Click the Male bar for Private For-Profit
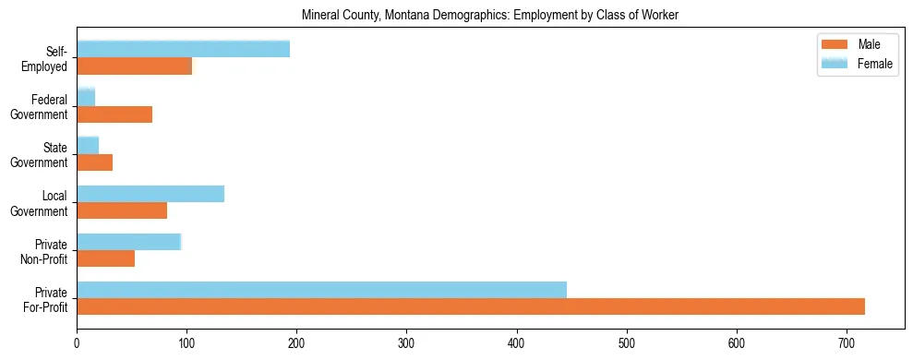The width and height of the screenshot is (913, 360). click(471, 306)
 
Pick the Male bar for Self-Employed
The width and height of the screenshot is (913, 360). click(134, 66)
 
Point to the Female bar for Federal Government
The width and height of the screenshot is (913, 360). click(86, 97)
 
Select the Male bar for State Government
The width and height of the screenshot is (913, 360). click(94, 162)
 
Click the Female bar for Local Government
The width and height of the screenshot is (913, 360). click(150, 194)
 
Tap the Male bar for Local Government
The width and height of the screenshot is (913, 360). click(122, 210)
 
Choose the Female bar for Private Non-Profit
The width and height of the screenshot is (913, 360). click(128, 242)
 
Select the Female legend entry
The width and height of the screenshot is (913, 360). click(857, 64)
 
